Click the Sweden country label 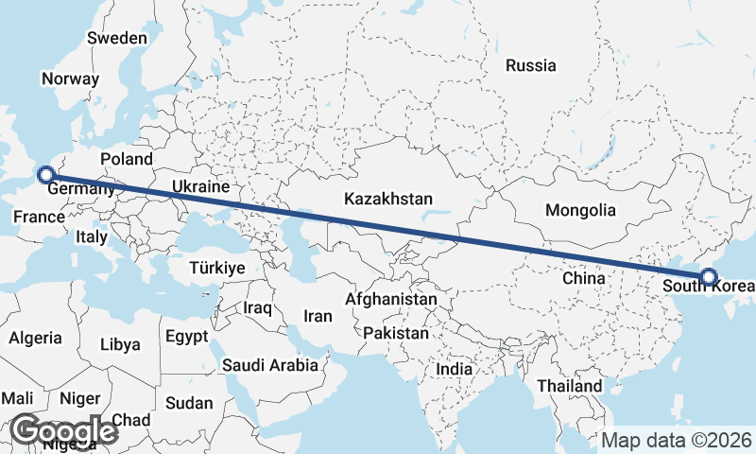[117, 39]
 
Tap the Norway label [71, 79]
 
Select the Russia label [531, 66]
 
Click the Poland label [127, 159]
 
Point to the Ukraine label [201, 186]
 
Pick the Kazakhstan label [388, 200]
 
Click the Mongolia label [581, 211]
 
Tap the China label [583, 279]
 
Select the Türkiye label [217, 269]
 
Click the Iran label [318, 316]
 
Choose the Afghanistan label [391, 300]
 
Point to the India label [455, 369]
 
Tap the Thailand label [569, 386]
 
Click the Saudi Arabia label [269, 365]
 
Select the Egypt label [185, 336]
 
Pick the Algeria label [36, 338]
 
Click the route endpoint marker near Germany [44, 174]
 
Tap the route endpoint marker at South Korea [709, 278]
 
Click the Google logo [64, 431]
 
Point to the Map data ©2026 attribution [676, 440]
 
